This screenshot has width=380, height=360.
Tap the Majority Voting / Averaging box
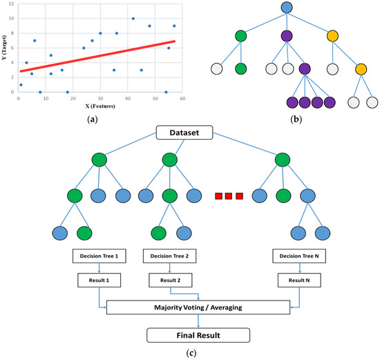199,307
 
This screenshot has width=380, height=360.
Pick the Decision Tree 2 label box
170,256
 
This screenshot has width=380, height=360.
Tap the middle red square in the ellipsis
228,196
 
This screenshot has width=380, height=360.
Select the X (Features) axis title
96,106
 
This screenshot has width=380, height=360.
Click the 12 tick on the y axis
10,4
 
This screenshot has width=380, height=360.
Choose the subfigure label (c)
189,354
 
